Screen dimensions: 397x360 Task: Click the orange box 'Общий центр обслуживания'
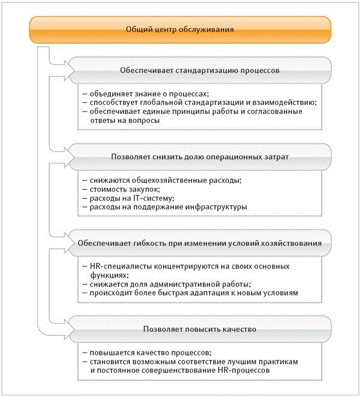[180, 29]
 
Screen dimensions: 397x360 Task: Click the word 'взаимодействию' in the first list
[269, 103]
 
